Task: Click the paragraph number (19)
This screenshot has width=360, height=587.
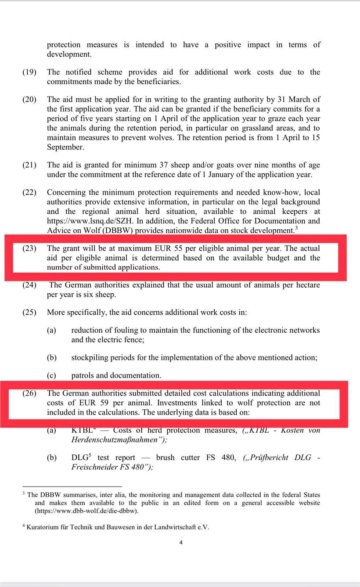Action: (29, 72)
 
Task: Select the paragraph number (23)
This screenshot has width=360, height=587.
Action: (29, 248)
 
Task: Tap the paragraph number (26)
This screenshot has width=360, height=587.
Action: (29, 393)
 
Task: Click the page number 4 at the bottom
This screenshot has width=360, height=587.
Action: (181, 542)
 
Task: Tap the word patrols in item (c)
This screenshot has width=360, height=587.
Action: (82, 375)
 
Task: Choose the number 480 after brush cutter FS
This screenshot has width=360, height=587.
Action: (228, 457)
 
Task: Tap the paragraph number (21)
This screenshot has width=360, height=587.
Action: (29, 165)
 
